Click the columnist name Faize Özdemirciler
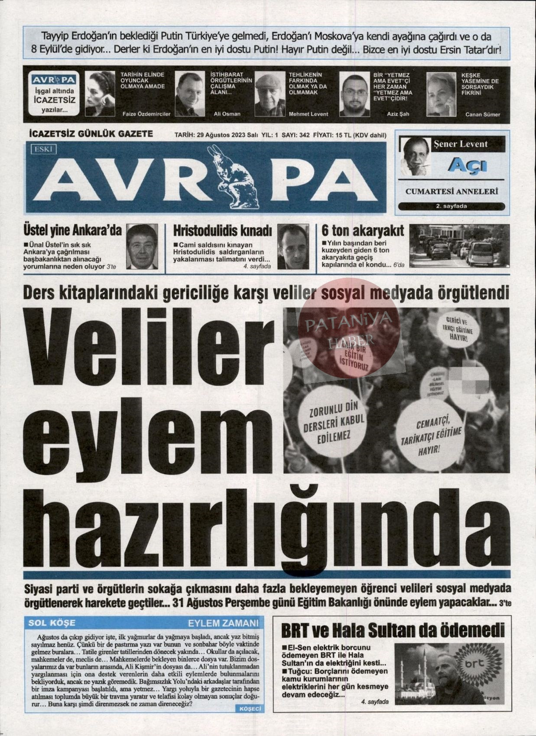pos(146,114)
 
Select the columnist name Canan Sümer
pos(482,115)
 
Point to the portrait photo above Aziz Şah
pos(354,94)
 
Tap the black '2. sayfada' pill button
pos(452,206)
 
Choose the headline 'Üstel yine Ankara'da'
pos(72,230)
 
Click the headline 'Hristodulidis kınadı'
pos(222,230)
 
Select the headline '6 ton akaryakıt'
pos(363,230)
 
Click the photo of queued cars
pos(459,245)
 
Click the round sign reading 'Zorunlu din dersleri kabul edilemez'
pos(334,420)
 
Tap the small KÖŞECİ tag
pos(250,708)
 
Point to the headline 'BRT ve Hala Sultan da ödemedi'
pos(393,630)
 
